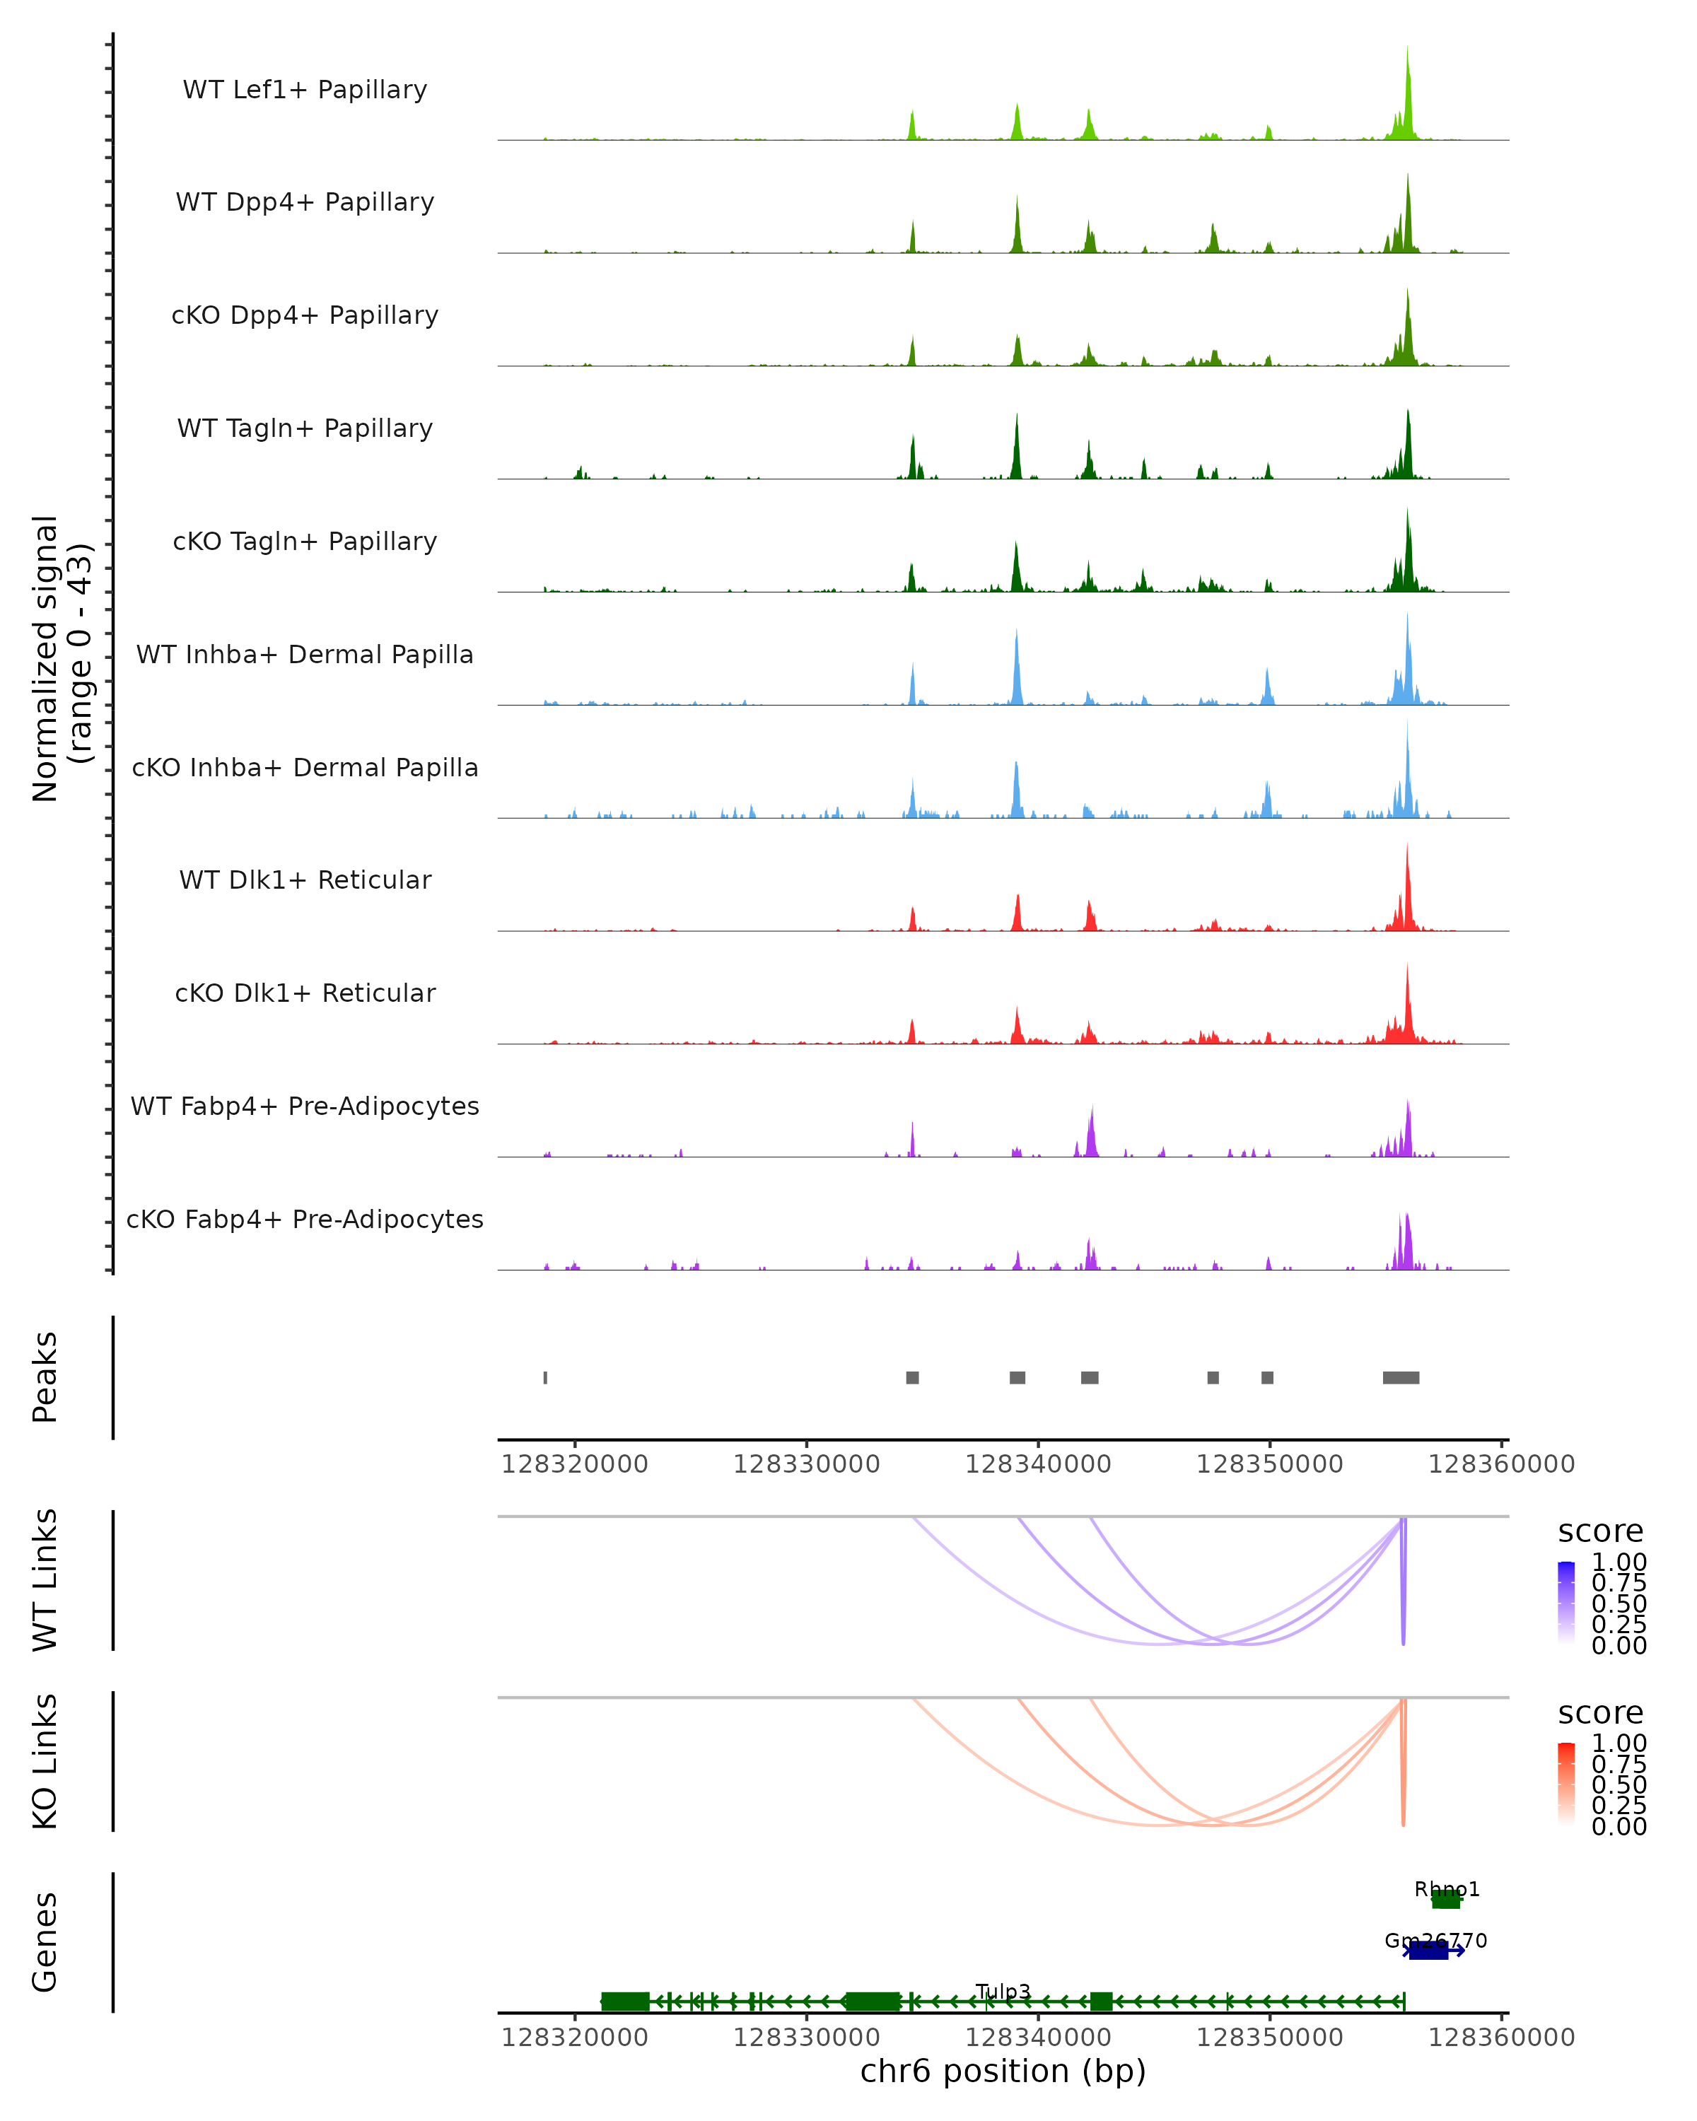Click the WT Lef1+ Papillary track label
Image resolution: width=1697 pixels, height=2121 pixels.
305,90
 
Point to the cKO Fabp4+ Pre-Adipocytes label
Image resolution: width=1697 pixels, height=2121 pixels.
305,1219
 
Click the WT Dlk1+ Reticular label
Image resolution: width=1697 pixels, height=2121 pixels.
305,880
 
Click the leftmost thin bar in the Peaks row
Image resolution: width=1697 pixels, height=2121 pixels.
545,1377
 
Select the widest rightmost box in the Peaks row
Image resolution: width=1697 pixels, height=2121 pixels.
1401,1377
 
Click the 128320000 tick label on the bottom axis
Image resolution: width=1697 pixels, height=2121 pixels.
575,2038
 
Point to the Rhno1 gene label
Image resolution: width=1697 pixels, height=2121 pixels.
1446,1889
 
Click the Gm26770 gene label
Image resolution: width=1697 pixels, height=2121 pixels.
1435,1941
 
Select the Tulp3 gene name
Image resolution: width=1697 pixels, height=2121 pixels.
1003,1991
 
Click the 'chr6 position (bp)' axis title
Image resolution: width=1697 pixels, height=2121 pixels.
1003,2072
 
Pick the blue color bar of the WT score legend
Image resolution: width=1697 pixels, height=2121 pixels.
1566,1603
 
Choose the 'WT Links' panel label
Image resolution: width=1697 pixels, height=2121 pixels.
45,1580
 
